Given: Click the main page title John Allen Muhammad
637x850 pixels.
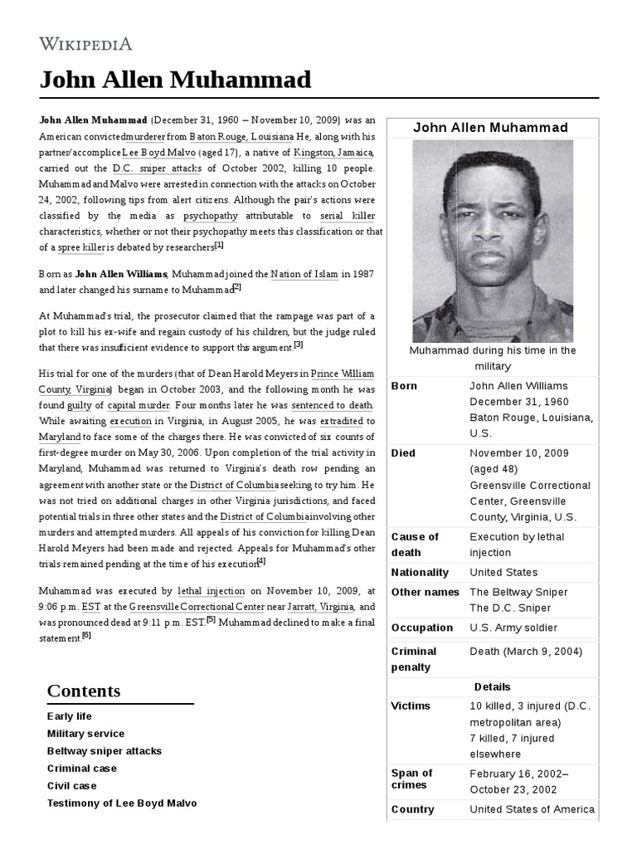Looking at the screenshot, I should [x=175, y=81].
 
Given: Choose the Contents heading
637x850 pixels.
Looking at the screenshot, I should [x=84, y=691].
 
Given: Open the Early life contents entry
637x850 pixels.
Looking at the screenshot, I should [x=70, y=716].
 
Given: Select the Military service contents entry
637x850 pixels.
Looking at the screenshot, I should [x=85, y=734].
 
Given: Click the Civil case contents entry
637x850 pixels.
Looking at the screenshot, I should [x=71, y=785].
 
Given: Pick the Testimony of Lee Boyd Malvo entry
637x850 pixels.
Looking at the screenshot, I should [x=122, y=803].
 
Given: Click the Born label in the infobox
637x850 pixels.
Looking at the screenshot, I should [x=404, y=386].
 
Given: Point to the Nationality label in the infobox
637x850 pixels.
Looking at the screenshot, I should [x=420, y=572].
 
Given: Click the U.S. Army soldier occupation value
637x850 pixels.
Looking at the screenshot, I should [x=513, y=628].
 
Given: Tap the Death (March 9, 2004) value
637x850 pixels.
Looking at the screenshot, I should [x=525, y=651].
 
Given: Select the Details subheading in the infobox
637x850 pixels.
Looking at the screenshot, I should [x=492, y=686].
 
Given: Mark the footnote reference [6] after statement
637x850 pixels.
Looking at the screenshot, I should [x=86, y=636].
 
